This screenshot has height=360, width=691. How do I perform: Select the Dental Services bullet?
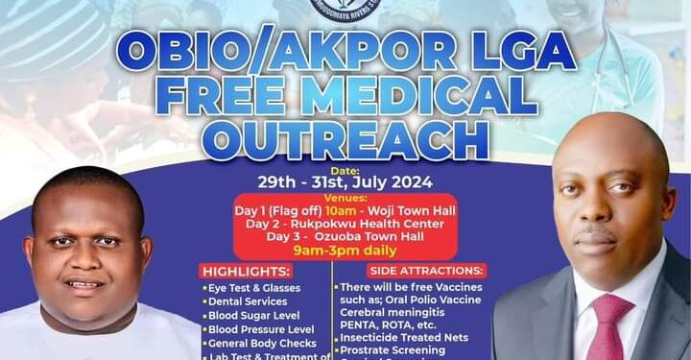[x=247, y=301]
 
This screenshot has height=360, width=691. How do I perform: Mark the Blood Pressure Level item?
[x=256, y=329]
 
